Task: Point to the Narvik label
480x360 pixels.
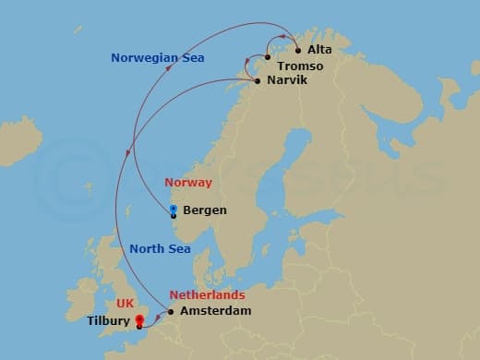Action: tap(286, 81)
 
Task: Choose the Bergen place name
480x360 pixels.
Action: tap(205, 210)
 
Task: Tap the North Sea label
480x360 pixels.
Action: tap(160, 248)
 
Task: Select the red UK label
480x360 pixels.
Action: tap(125, 303)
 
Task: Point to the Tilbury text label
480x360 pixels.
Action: tap(109, 321)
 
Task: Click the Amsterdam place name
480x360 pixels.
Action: tap(216, 312)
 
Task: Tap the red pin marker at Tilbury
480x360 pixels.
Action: tap(139, 321)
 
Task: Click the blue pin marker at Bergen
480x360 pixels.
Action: tap(173, 210)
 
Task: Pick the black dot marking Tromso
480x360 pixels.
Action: tap(267, 57)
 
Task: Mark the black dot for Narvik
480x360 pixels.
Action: tap(256, 81)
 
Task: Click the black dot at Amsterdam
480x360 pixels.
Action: tap(171, 311)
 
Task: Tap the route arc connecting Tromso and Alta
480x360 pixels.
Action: tap(282, 40)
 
